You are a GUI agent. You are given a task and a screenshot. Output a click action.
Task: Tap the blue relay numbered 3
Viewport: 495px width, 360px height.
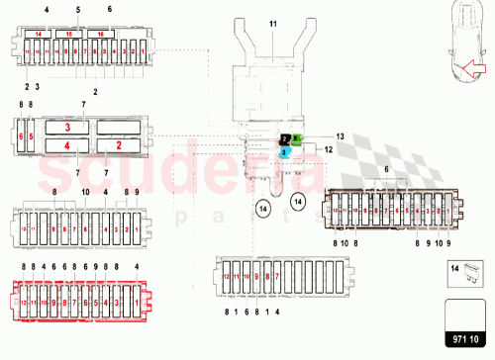[x=283, y=152]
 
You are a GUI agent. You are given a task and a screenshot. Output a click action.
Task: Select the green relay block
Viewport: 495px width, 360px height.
[x=296, y=139]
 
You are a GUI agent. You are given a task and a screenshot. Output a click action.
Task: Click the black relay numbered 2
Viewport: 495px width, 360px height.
[x=284, y=139]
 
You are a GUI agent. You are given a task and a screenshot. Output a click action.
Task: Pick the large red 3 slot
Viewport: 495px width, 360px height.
[x=67, y=128]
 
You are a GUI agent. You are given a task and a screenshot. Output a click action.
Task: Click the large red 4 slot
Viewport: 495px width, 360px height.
[x=67, y=146]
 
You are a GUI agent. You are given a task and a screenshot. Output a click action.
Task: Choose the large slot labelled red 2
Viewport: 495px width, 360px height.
[x=120, y=146]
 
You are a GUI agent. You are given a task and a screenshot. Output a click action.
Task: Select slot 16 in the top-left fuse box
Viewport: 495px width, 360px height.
[x=101, y=34]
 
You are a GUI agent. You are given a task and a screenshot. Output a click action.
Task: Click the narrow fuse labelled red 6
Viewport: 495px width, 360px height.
[x=22, y=137]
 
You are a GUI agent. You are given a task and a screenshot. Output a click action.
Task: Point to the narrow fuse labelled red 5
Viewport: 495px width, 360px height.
[x=31, y=137]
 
